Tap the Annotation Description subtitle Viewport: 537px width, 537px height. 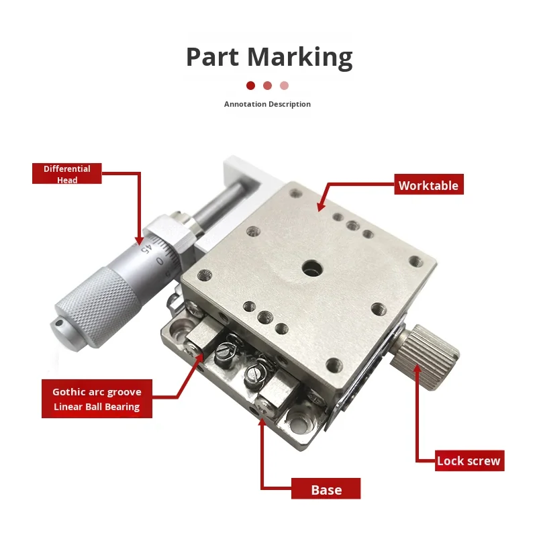[x=267, y=104]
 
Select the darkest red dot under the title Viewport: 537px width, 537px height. [x=250, y=85]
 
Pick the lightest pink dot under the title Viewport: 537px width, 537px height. [x=284, y=85]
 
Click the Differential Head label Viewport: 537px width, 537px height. [x=66, y=175]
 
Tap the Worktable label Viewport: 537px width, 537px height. [x=428, y=186]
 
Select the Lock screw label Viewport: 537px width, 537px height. [x=469, y=460]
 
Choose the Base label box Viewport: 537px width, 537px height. [x=326, y=489]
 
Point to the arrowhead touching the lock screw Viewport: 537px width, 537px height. [x=418, y=367]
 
